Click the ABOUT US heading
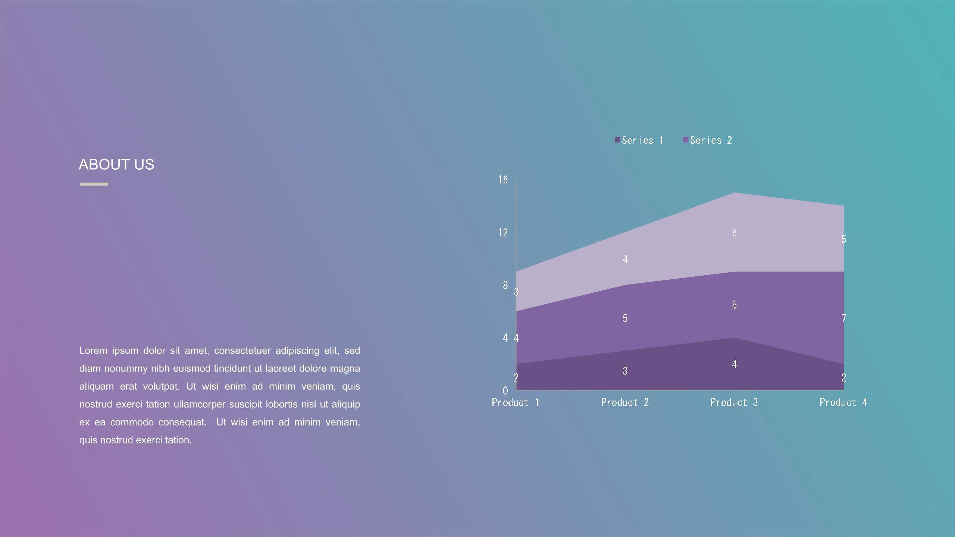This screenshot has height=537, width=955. click(116, 164)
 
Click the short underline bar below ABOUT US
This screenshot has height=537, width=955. click(94, 184)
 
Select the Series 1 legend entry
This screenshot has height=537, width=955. click(639, 140)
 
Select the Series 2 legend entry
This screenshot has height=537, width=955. click(707, 140)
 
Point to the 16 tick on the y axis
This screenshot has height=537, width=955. click(503, 180)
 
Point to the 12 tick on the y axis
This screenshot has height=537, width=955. click(503, 233)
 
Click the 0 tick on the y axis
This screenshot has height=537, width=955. click(505, 390)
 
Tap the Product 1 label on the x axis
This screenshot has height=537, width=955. click(516, 402)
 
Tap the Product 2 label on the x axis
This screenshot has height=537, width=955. click(625, 402)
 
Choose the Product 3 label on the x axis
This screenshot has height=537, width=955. click(734, 402)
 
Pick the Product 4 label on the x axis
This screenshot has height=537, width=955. click(843, 402)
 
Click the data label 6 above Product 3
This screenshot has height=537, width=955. click(734, 233)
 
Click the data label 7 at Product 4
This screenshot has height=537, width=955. click(843, 318)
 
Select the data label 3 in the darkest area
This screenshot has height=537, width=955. click(625, 371)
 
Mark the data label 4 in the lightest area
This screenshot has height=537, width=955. click(625, 259)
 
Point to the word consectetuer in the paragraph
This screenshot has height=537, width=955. click(242, 351)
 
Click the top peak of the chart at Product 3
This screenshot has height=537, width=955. click(734, 193)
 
